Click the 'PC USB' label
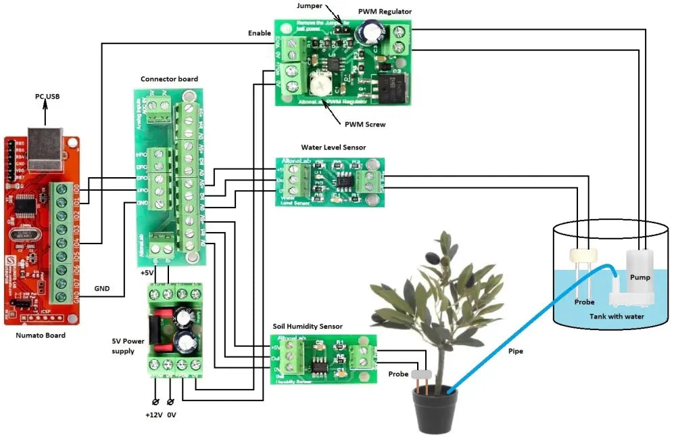coord(47,97)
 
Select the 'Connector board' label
coord(169,79)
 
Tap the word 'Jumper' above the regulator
coord(310,6)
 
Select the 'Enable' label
coord(259,33)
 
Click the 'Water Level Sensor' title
coord(333,147)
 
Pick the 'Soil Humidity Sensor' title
coord(308,326)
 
